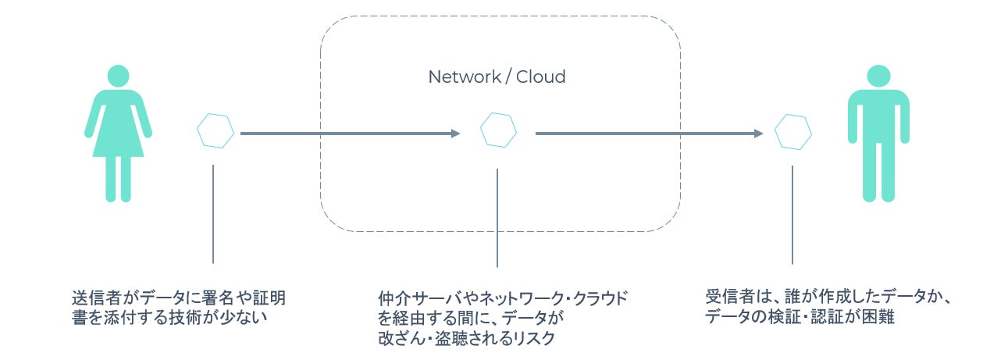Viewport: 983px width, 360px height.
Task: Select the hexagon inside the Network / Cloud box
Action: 497,130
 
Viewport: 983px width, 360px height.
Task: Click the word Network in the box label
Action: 464,77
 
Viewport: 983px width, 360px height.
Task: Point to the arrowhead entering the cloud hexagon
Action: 456,134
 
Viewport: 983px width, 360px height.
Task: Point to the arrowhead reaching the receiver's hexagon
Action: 758,134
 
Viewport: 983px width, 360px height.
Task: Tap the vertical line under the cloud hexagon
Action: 497,219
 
